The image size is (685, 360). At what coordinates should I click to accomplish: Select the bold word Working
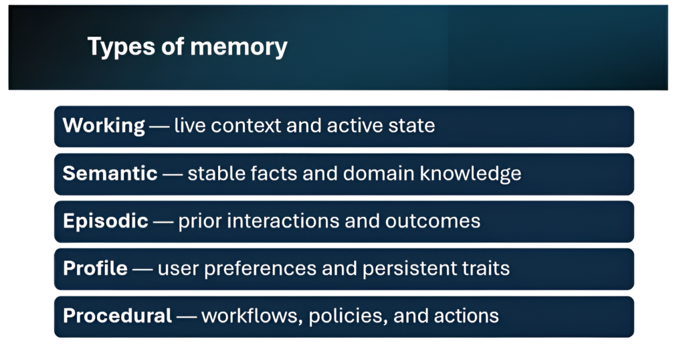click(x=104, y=126)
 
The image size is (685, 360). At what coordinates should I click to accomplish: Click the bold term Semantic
click(x=110, y=173)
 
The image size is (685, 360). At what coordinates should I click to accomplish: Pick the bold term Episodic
click(x=106, y=221)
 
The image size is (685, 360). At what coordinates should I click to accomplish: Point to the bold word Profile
click(x=95, y=268)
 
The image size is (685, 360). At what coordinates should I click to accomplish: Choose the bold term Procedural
click(x=118, y=316)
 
